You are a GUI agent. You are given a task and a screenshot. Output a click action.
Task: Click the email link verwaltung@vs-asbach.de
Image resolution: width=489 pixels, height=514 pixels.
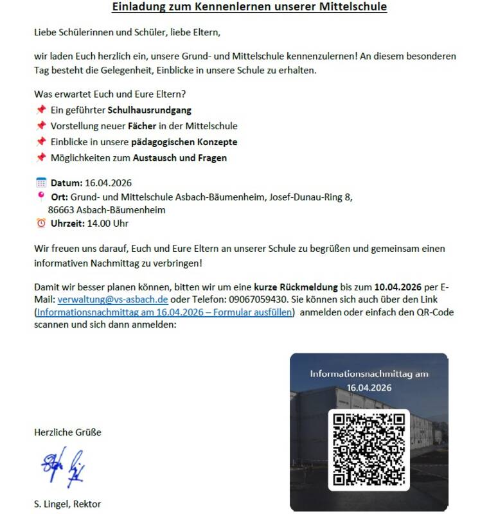112,299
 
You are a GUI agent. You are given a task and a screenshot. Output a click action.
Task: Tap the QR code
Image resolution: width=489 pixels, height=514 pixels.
369,450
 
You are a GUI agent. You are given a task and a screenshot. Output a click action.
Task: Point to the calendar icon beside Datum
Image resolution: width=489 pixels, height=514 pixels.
41,182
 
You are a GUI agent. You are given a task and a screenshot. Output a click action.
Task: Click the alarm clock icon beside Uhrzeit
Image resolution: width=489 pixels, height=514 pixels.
41,223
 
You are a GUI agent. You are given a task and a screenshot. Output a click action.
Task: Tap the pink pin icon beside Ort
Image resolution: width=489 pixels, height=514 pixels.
41,196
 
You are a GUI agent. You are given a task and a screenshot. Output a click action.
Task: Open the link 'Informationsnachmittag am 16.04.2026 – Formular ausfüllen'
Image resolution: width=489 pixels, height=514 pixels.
165,312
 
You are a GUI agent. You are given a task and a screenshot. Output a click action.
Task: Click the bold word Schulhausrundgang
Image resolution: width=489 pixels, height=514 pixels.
149,111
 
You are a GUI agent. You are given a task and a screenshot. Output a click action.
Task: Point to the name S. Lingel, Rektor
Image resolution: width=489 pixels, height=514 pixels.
67,504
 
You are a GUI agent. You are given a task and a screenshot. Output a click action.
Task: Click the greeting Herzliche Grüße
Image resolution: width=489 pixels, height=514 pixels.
67,432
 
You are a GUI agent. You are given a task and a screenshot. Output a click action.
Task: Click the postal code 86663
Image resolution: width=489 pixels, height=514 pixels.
62,209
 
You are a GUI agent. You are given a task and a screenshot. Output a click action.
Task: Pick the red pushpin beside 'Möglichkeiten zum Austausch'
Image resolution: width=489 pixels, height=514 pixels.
41,157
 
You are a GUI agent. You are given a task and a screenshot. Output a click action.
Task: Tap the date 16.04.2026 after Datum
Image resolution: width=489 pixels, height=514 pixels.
108,183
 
